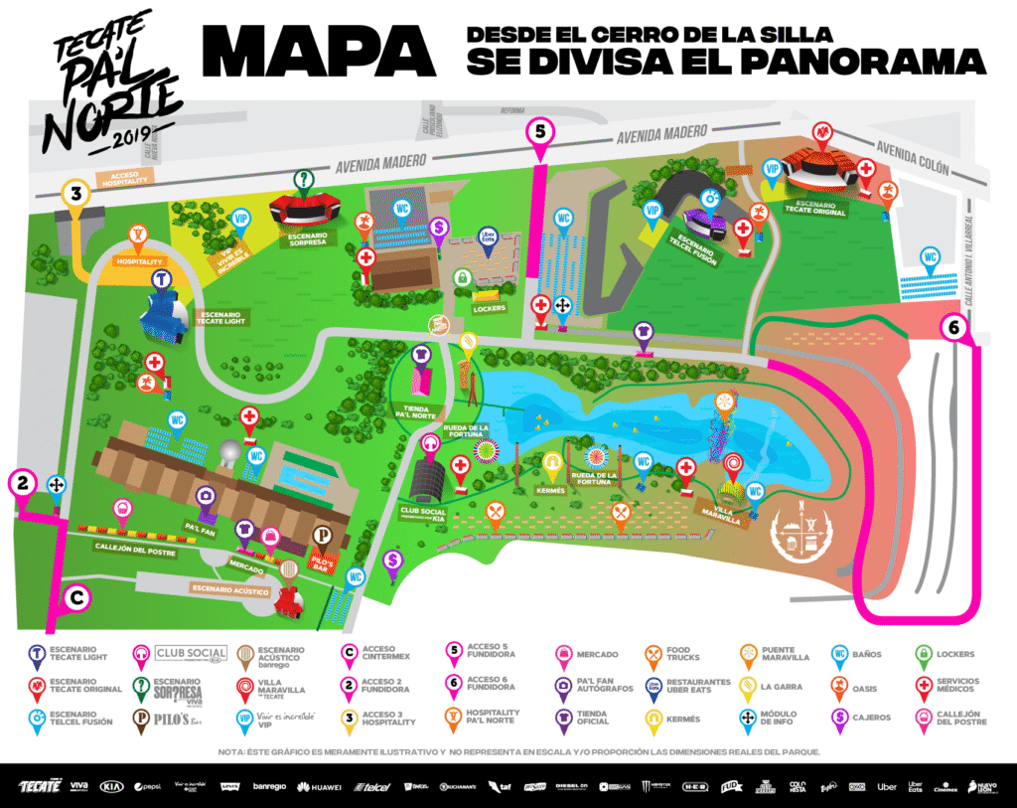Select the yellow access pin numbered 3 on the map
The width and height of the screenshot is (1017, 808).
pos(73,192)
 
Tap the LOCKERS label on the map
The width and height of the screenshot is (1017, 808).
pos(491,308)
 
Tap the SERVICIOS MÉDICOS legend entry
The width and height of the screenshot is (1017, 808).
pos(958,686)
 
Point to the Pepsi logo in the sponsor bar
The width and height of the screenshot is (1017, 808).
pos(147,787)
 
